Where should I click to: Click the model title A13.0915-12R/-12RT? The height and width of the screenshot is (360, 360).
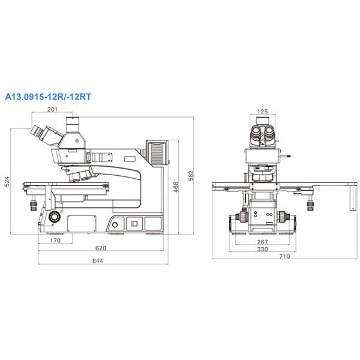point(47,95)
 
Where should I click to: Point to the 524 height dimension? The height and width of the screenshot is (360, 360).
point(7,181)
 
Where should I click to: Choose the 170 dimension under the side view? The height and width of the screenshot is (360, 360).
point(55,242)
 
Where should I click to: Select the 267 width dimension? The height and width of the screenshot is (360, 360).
point(262,241)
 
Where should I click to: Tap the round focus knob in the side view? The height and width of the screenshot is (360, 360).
point(55,215)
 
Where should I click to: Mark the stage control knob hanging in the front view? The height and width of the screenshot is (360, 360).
point(311,205)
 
